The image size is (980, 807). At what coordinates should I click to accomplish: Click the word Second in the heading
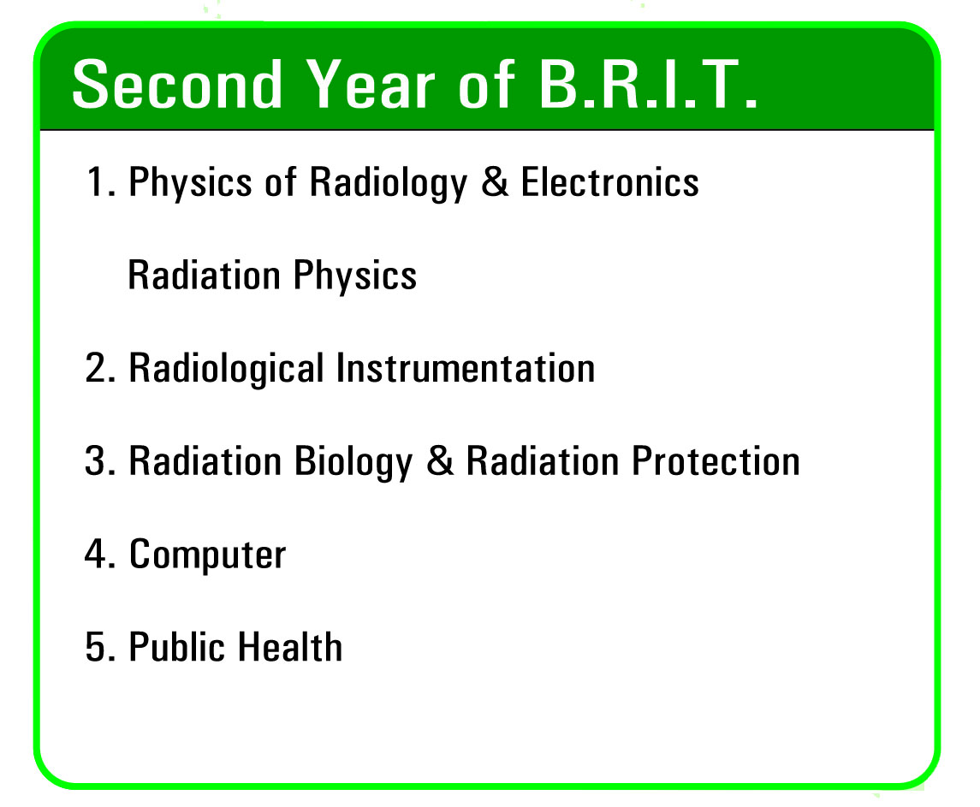pyautogui.click(x=177, y=84)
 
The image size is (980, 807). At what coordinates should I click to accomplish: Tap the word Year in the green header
pyautogui.click(x=371, y=84)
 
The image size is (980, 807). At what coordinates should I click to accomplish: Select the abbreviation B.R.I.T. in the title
pyautogui.click(x=648, y=84)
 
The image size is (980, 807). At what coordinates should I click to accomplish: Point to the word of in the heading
pyautogui.click(x=487, y=84)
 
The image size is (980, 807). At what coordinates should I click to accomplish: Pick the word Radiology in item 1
pyautogui.click(x=389, y=183)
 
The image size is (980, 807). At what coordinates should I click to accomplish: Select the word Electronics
pyautogui.click(x=610, y=182)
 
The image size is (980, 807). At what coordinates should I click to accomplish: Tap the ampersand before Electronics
pyautogui.click(x=495, y=182)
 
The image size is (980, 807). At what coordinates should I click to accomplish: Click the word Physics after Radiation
pyautogui.click(x=355, y=276)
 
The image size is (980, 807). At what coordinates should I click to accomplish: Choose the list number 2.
pyautogui.click(x=101, y=367)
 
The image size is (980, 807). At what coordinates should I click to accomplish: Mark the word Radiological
pyautogui.click(x=226, y=369)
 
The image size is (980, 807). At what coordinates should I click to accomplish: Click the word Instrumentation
pyautogui.click(x=466, y=367)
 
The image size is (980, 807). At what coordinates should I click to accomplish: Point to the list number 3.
pyautogui.click(x=101, y=460)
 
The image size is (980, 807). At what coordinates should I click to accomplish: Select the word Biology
pyautogui.click(x=353, y=462)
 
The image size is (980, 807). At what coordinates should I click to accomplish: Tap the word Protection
pyautogui.click(x=716, y=460)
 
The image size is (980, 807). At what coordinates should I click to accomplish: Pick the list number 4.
pyautogui.click(x=101, y=553)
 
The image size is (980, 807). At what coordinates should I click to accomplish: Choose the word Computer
pyautogui.click(x=207, y=555)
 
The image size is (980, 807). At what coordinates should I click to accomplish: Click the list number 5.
pyautogui.click(x=101, y=646)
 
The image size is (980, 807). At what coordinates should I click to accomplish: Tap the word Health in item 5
pyautogui.click(x=290, y=646)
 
